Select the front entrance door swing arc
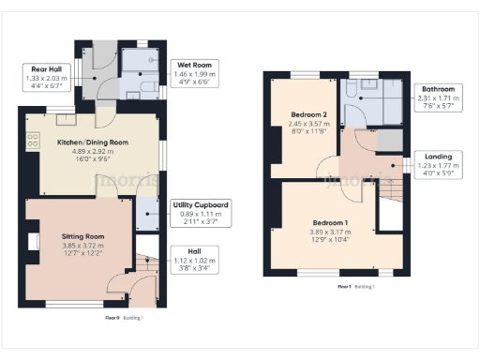coord(120,283)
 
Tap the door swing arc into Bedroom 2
coord(326,167)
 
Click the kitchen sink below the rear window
coord(64,117)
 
